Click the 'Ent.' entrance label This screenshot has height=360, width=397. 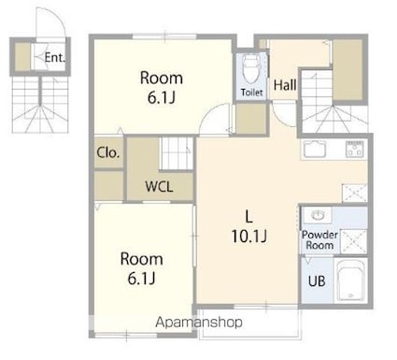[54, 58]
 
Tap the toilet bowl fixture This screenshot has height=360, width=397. [250, 69]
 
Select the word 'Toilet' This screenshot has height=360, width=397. [251, 93]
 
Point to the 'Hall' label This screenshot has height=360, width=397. [285, 85]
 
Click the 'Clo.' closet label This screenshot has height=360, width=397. [108, 152]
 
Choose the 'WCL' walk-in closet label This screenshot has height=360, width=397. [159, 186]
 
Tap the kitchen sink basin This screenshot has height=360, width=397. [315, 150]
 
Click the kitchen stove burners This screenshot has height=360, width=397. [354, 150]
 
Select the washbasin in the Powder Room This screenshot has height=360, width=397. [318, 215]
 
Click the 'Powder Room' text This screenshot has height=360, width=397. [319, 239]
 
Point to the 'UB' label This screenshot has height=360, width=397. [317, 281]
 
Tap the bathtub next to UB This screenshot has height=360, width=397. [351, 280]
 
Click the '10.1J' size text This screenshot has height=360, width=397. [249, 237]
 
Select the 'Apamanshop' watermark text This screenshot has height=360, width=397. [199, 323]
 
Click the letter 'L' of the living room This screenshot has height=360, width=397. [248, 217]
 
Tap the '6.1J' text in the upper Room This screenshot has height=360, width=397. [162, 97]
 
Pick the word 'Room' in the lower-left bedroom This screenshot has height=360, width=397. [142, 259]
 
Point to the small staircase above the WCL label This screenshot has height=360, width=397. [177, 154]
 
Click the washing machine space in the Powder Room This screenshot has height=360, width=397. [354, 241]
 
